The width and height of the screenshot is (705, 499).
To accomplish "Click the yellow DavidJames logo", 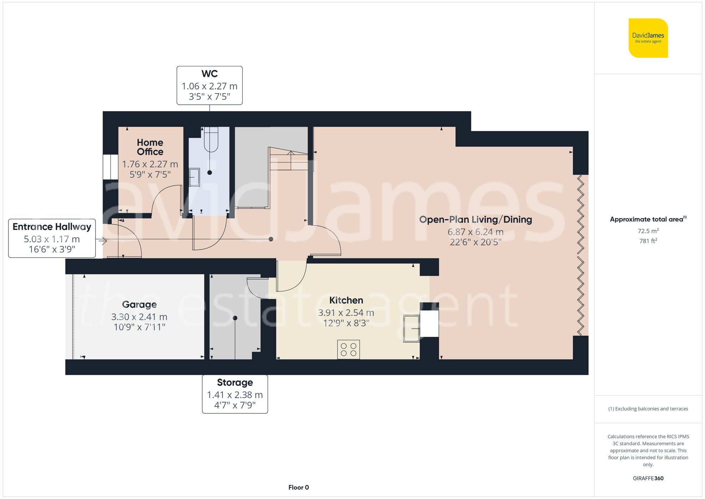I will [648, 38].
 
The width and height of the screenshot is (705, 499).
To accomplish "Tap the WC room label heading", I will [209, 74].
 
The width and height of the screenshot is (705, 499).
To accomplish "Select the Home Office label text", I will [150, 147].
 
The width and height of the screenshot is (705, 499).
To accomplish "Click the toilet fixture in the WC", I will [211, 139].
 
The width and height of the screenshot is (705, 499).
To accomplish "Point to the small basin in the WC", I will [194, 177].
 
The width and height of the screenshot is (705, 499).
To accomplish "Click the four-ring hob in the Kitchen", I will [348, 349].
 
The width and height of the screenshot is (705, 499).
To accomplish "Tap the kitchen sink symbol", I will [411, 328].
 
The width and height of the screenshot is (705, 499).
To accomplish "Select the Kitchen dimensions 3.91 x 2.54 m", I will [346, 312].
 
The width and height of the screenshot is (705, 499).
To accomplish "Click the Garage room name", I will [139, 304].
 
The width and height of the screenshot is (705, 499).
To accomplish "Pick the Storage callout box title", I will [235, 382].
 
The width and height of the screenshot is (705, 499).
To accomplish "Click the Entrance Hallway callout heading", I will [52, 226].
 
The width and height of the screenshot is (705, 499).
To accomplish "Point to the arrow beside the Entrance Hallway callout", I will [103, 241].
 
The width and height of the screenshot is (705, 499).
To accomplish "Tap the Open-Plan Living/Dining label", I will [475, 219].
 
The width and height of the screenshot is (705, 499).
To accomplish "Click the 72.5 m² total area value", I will [648, 231].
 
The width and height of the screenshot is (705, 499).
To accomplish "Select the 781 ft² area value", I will [648, 241].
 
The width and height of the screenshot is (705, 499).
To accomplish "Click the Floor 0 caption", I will [298, 487].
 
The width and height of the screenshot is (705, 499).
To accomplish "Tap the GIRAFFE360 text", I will [648, 478].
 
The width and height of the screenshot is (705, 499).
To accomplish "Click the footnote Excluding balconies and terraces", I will [648, 409].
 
